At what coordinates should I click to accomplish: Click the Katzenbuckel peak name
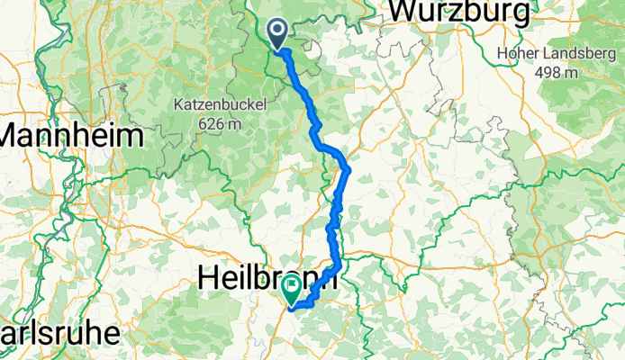tap(221, 105)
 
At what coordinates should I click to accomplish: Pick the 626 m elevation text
tap(221, 124)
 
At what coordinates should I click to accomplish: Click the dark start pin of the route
tap(276, 32)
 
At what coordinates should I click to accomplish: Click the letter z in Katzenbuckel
tap(203, 105)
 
